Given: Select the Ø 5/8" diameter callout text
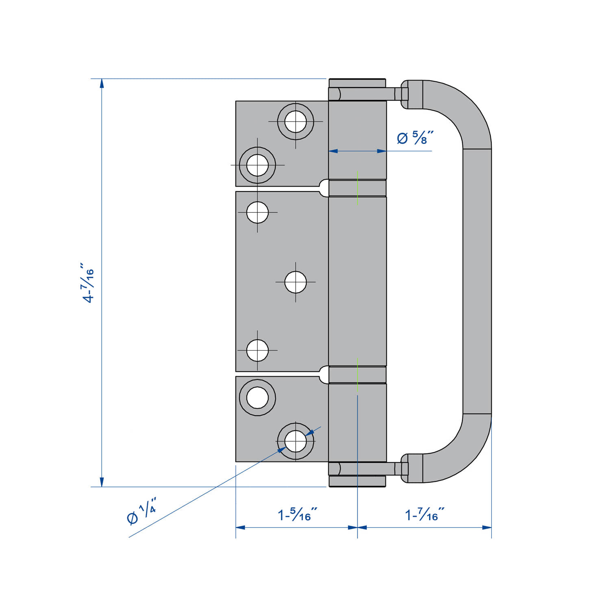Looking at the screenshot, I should coord(415,138).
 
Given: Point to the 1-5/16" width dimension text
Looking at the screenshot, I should coord(297,515).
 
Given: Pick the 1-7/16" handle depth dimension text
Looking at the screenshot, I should coord(425,515).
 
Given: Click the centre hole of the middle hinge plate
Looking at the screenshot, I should coord(296,282).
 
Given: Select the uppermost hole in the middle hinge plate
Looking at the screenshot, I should coord(257,212).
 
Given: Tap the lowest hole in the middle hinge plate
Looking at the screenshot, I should coord(257,350).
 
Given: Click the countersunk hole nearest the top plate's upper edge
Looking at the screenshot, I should coord(296,121).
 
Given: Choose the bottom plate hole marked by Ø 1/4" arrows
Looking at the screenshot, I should coord(296,441).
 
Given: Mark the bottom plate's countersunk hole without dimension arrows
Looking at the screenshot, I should coord(257,397).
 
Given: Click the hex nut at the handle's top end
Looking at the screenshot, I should coord(404,94).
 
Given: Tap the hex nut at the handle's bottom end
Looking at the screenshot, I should coord(404,469).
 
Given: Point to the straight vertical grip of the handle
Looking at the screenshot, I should coord(477,281).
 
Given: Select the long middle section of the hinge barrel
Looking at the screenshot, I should coord(357,281).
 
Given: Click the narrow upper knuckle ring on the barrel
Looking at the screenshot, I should coord(357,188).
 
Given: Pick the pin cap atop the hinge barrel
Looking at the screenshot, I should coord(357,83).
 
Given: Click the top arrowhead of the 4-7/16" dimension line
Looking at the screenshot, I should coord(102,83).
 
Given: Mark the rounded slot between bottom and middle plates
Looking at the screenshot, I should coord(324,375).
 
